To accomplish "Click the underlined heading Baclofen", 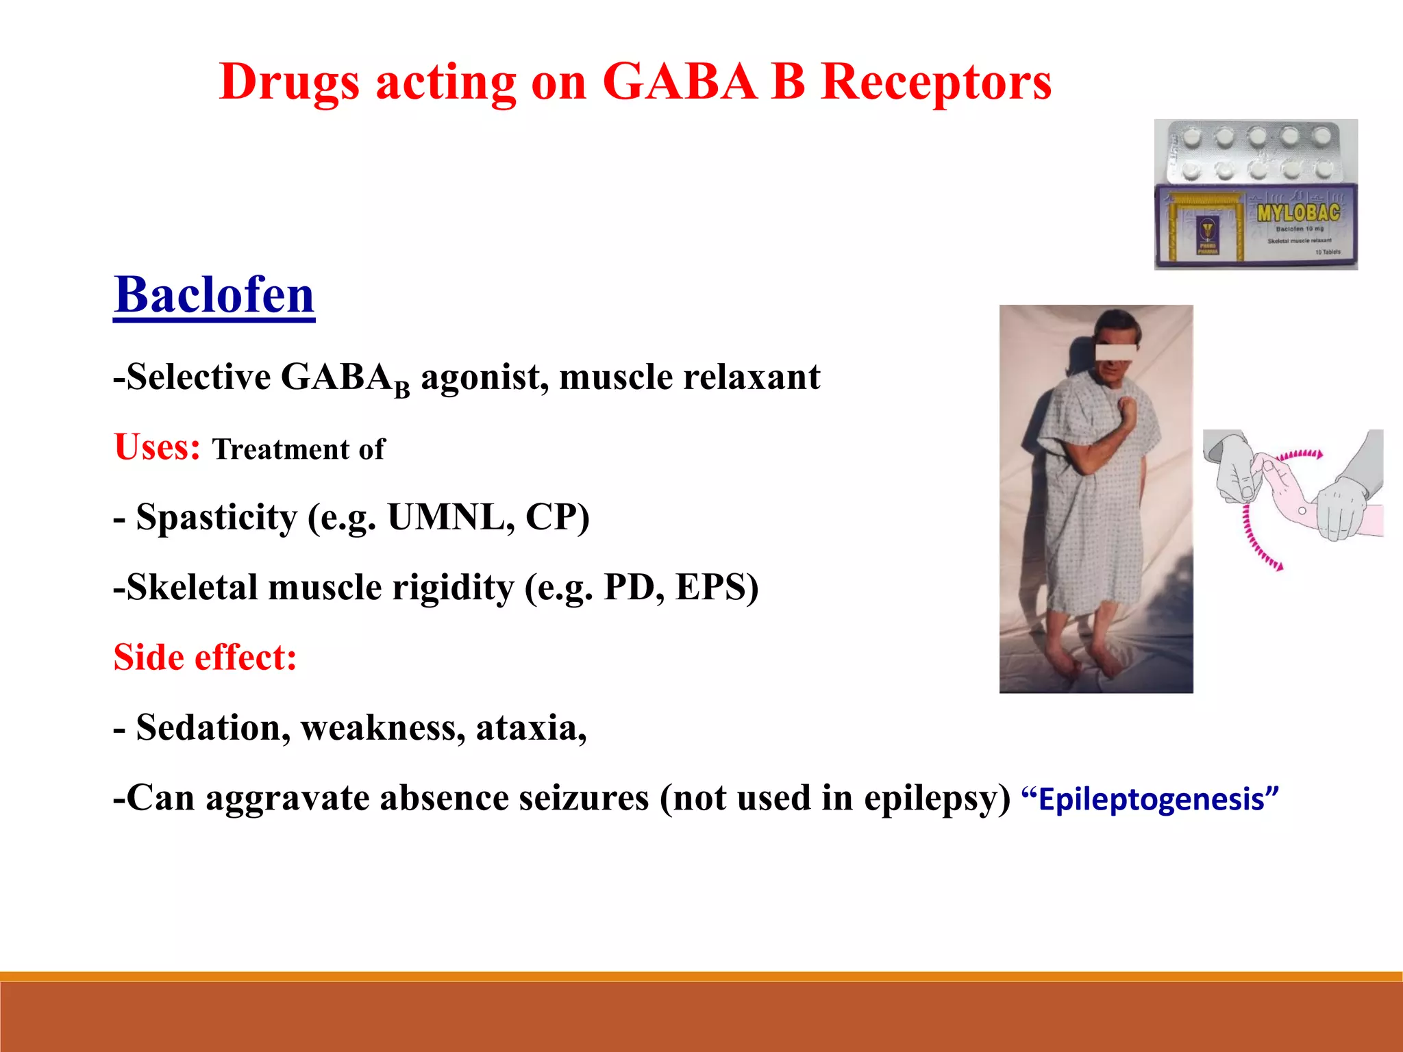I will pos(214,295).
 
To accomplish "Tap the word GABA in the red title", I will pos(679,82).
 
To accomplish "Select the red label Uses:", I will pos(157,447).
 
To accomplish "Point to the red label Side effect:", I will pos(205,657).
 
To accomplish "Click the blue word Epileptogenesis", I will pos(1150,799).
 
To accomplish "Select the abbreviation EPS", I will pos(712,588).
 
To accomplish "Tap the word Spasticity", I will pos(216,517).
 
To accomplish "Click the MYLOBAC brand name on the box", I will pos(1298,212).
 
